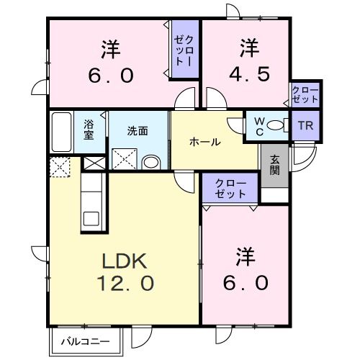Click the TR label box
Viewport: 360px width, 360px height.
tap(305, 125)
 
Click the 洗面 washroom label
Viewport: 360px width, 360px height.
tap(138, 131)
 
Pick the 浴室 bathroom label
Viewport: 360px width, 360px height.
tap(89, 129)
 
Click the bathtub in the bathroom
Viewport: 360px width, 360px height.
tap(62, 131)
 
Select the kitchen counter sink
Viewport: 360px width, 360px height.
tap(91, 218)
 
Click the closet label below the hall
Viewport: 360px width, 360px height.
tap(230, 189)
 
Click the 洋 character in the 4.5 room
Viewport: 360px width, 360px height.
tap(249, 49)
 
